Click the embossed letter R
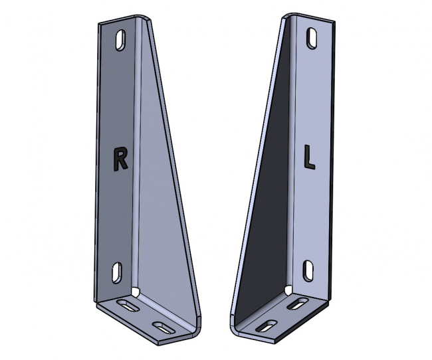coord(120,158)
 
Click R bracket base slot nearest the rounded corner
coord(162,325)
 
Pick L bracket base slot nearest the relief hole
coord(300,304)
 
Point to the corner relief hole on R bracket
coord(136,291)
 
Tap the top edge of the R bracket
coord(120,20)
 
